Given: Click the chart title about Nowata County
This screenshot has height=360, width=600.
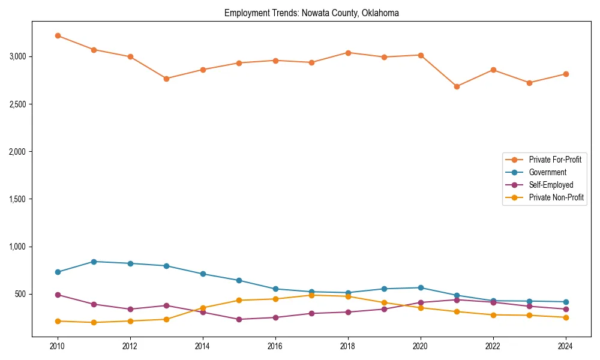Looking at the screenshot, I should pos(311,13).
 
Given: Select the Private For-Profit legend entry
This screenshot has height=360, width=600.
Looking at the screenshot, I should pos(555,160).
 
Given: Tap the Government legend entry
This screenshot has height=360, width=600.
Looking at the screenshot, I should pos(547,172).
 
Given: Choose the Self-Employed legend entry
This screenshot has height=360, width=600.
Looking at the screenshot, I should pos(551,185).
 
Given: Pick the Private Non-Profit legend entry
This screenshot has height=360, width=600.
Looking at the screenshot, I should pos(556,197).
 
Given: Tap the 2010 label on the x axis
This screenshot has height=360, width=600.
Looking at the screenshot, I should pos(58,346).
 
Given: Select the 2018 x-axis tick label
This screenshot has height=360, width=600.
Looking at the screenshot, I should pos(348,346).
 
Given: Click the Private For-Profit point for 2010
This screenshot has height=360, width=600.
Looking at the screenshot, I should pos(58,35).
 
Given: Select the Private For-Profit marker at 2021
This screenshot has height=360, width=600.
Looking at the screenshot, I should pos(457,86).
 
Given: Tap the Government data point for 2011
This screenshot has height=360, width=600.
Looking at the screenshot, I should pos(94,262).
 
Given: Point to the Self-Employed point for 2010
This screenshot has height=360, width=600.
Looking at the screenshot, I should pos(58,295).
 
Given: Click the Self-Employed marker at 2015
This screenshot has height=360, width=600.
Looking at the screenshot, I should pos(239,319).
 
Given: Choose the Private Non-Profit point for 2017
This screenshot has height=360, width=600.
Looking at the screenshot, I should pos(311,295).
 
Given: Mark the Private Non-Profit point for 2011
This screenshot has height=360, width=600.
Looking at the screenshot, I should pos(94,322).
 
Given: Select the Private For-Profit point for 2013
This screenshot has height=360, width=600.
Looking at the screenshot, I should pos(166,79).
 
